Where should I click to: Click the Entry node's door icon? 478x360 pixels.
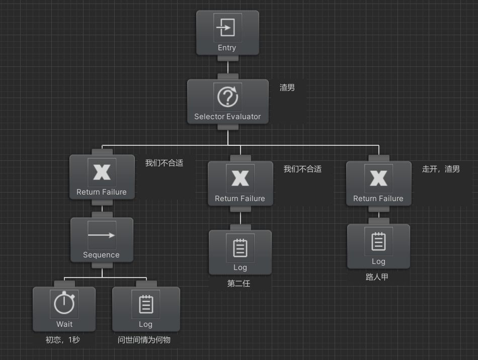[227, 27]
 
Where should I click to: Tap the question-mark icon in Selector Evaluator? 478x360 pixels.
[227, 97]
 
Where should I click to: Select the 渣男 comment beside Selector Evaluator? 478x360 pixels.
[287, 87]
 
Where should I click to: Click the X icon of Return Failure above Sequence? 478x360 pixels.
[102, 172]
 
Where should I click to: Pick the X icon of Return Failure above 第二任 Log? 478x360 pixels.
[240, 178]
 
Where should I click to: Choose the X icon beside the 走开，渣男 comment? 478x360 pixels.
[378, 178]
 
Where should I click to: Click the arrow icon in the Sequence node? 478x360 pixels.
[102, 235]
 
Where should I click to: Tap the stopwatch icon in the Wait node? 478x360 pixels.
[64, 304]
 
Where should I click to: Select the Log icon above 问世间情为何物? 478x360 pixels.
[146, 304]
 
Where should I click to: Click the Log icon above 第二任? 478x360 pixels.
[240, 247]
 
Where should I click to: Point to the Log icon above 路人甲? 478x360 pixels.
[378, 241]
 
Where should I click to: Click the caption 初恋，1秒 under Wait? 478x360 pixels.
[63, 340]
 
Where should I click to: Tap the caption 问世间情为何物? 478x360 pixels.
[144, 340]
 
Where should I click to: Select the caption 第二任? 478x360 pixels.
[238, 284]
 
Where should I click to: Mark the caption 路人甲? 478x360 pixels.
[377, 277]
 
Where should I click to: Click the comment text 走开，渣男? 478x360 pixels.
[441, 169]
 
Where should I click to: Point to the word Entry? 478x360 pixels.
[227, 48]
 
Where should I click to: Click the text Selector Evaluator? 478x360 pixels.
[227, 117]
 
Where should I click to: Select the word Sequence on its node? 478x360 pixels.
[101, 255]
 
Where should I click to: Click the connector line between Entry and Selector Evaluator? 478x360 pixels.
[227, 67]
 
